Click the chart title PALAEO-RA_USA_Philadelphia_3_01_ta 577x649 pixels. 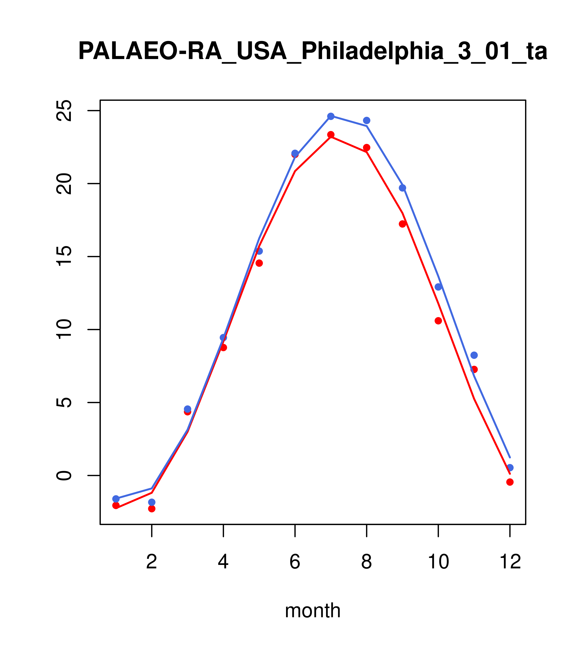pos(313,52)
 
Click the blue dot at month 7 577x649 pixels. pos(331,116)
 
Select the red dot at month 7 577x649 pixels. pos(331,135)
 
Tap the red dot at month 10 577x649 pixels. pos(438,321)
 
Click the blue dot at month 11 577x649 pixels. pos(474,355)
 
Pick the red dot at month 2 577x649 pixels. pos(152,509)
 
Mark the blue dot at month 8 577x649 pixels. pos(366,120)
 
